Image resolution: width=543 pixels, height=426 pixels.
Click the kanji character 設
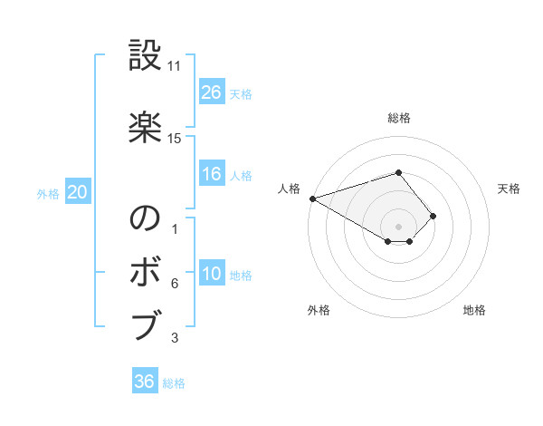[145, 56]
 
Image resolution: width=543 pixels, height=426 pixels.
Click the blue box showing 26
[212, 92]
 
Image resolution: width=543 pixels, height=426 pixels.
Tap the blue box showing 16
[212, 174]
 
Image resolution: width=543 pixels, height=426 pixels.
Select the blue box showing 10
[212, 274]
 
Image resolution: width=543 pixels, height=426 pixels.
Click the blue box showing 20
[78, 192]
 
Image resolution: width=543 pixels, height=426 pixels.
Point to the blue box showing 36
[145, 382]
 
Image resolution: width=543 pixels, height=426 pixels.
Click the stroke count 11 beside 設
[175, 66]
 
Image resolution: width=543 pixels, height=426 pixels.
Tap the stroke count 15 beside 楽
[175, 139]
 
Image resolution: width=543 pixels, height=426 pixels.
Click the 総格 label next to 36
[174, 383]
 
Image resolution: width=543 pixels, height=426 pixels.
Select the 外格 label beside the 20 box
[48, 194]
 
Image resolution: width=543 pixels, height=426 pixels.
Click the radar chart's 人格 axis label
[289, 189]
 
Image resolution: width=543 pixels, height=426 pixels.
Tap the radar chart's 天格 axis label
[510, 189]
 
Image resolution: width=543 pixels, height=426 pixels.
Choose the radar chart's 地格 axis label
[474, 310]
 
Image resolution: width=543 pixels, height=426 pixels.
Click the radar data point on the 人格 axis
[312, 198]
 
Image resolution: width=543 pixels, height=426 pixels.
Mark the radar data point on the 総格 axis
[398, 172]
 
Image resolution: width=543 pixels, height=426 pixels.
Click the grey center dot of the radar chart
[398, 226]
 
